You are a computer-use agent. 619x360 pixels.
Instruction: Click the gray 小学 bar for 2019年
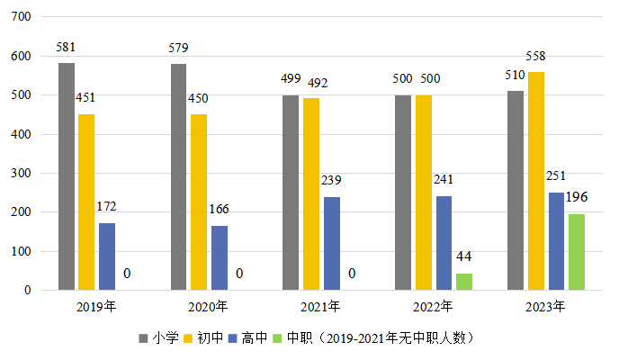click(67, 176)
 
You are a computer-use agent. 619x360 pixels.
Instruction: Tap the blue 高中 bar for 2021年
click(330, 243)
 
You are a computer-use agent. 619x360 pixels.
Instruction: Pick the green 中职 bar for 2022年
click(464, 282)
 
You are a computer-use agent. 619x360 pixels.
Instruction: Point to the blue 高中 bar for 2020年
click(220, 257)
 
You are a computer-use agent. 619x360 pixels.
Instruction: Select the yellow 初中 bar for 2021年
click(310, 193)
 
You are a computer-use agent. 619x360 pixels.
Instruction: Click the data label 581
click(67, 45)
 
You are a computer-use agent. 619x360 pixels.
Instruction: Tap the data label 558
click(535, 57)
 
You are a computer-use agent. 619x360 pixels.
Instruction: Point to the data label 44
click(464, 258)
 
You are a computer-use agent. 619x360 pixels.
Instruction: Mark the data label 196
click(577, 198)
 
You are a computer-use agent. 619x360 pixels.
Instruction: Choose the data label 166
click(220, 210)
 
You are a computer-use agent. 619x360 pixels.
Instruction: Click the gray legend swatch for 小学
click(143, 338)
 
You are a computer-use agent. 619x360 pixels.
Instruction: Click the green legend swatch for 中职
click(278, 338)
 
